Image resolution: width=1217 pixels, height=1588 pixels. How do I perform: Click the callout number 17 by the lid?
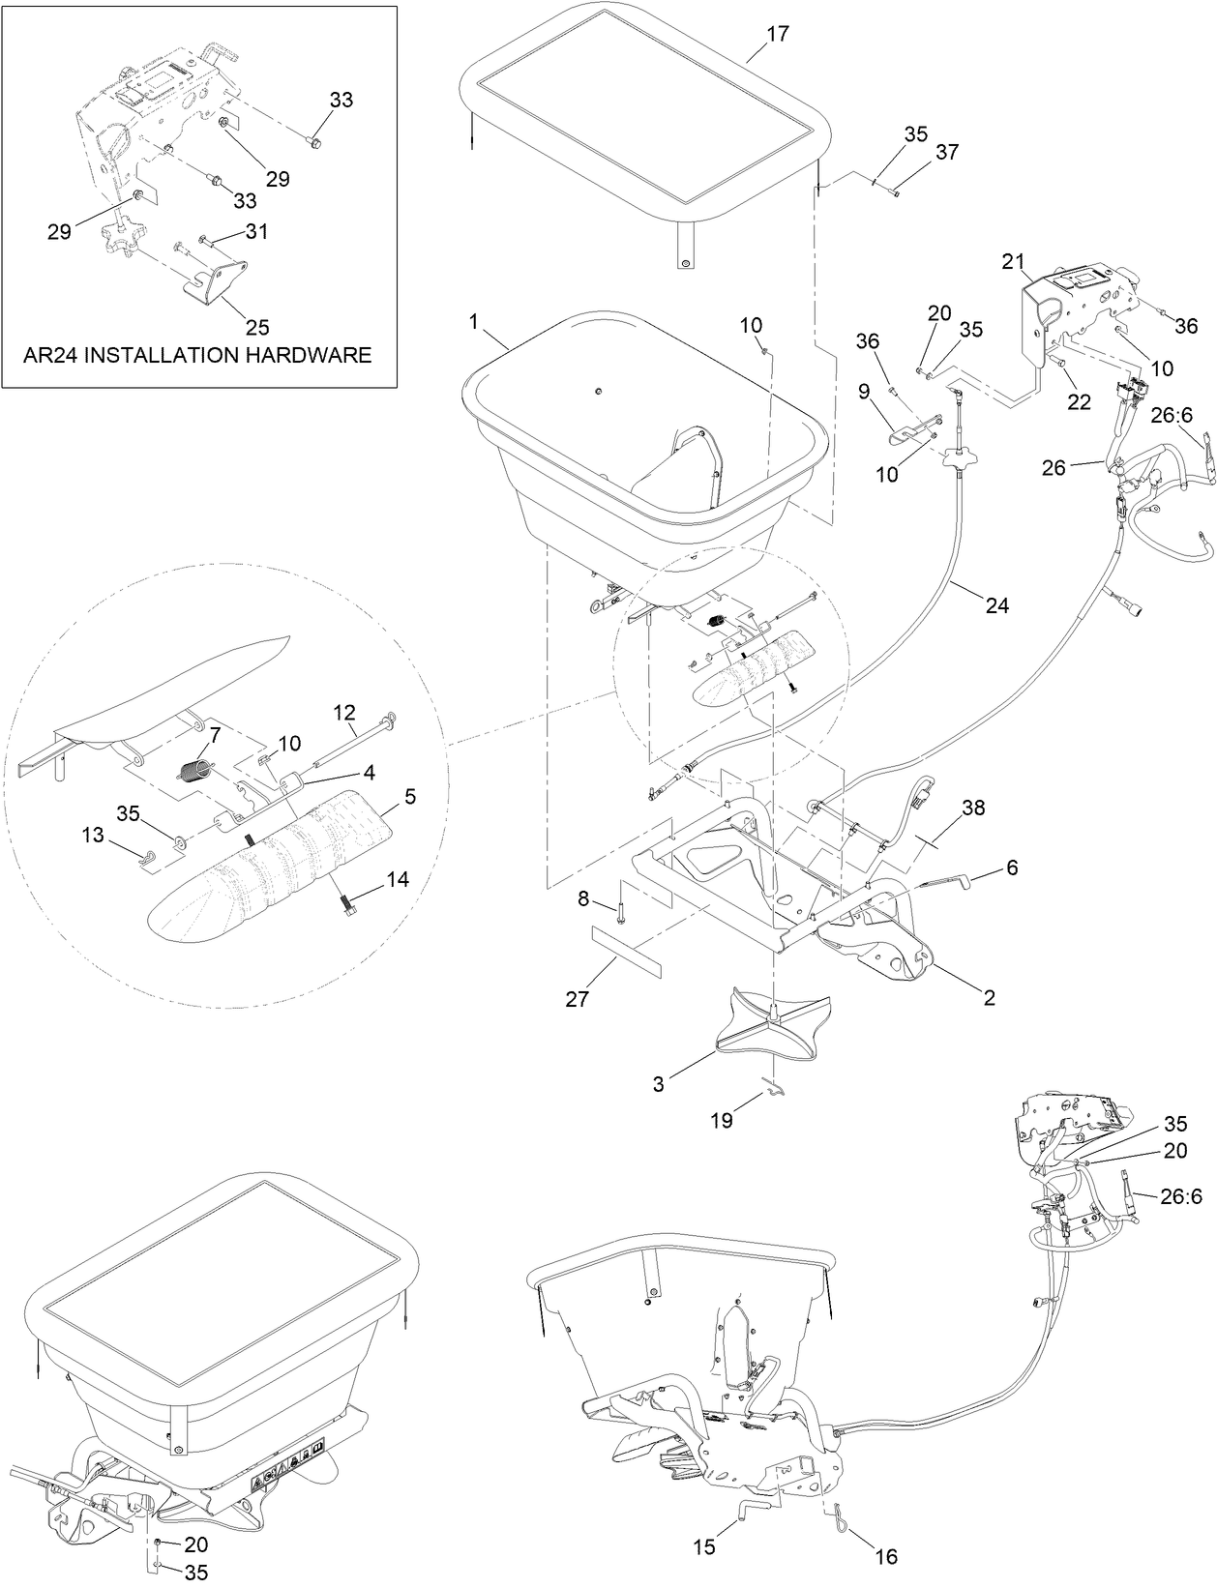coord(777,34)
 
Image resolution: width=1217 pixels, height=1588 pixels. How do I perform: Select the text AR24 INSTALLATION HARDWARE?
coord(197,355)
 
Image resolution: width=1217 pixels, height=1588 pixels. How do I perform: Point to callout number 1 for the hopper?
coord(474,323)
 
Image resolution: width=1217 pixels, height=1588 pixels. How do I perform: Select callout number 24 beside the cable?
coord(996,605)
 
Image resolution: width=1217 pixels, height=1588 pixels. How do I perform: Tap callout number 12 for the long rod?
coord(345,712)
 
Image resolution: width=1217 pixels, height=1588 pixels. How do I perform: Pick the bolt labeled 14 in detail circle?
coord(346,903)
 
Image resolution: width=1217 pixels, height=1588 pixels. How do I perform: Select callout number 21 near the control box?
coord(1012,261)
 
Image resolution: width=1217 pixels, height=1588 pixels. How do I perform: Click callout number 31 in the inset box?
coord(255,231)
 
